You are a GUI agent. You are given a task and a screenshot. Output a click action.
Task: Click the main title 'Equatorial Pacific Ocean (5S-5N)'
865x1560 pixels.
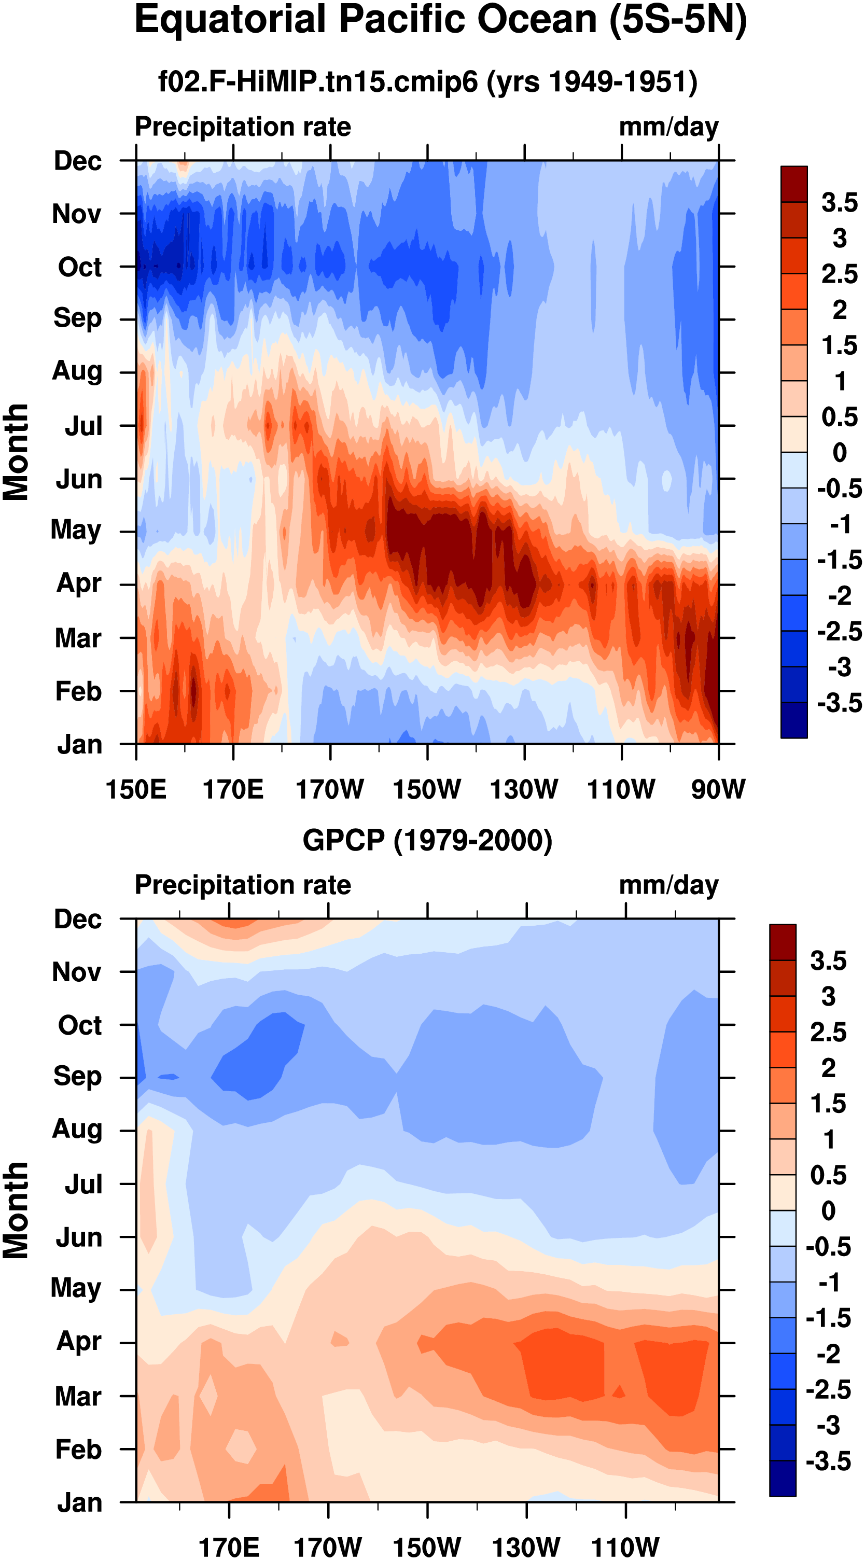(x=440, y=21)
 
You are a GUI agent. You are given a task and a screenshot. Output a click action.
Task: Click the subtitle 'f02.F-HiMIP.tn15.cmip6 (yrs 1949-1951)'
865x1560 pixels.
(x=428, y=81)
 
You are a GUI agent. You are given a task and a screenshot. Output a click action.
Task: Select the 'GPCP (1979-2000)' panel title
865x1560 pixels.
(x=428, y=840)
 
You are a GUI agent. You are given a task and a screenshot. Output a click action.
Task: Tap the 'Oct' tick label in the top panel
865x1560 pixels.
(x=79, y=267)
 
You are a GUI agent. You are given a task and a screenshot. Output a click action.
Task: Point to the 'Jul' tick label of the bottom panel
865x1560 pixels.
(x=83, y=1184)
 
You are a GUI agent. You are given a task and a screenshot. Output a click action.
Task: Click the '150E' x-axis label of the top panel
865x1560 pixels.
(x=136, y=789)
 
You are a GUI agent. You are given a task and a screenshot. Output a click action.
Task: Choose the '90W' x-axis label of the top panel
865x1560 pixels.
(x=718, y=789)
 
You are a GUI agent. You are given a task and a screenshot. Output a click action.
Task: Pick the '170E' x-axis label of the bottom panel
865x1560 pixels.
(x=229, y=1547)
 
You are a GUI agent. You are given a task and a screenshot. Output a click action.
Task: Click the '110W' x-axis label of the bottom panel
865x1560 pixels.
(x=625, y=1547)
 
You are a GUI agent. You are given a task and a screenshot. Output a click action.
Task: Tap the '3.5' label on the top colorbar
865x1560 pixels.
(x=840, y=202)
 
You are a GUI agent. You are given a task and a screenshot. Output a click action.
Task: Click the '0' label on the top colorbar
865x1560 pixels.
(x=840, y=452)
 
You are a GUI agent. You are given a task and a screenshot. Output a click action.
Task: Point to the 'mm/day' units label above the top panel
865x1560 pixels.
(x=669, y=127)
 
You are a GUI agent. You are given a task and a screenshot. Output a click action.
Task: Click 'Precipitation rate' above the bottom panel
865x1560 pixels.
(x=243, y=885)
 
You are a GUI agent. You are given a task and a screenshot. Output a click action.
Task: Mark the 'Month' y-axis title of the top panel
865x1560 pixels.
(x=16, y=452)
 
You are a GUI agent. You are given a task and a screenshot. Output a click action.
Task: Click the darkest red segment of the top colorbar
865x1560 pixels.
(x=794, y=184)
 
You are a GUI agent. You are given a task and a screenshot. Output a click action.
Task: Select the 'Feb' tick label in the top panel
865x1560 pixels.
(x=78, y=691)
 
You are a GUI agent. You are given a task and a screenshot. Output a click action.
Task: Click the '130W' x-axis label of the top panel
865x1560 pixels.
(x=524, y=789)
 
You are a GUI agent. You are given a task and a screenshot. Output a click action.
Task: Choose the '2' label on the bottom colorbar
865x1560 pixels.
(x=829, y=1068)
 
